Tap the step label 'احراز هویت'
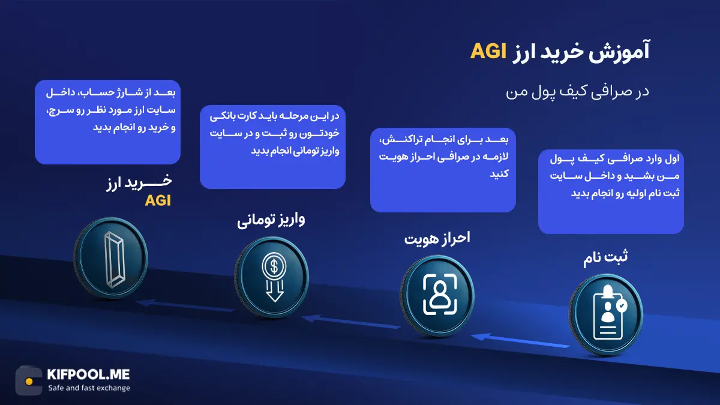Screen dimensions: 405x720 437,238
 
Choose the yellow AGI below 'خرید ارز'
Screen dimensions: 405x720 158,201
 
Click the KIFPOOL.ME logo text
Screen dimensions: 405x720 88,375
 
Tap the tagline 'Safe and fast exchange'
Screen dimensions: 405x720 89,388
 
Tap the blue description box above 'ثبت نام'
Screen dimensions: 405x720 611,191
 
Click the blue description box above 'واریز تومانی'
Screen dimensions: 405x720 272,147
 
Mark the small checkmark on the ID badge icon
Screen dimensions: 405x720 622,305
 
